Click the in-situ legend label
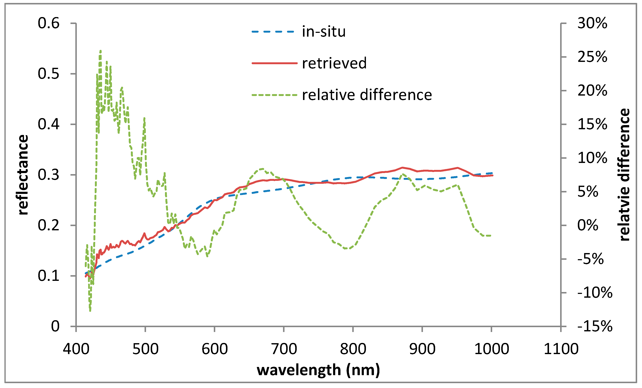pyautogui.click(x=324, y=32)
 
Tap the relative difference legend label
pyautogui.click(x=367, y=95)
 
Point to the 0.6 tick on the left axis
pyautogui.click(x=49, y=23)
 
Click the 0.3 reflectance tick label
pyautogui.click(x=49, y=175)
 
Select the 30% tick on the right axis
pyautogui.click(x=592, y=23)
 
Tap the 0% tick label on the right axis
pyautogui.click(x=588, y=225)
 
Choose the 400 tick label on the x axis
pyautogui.click(x=76, y=349)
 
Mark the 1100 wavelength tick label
pyautogui.click(x=561, y=349)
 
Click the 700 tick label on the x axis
pyautogui.click(x=284, y=349)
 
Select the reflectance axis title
pyautogui.click(x=23, y=175)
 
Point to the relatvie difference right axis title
pyautogui.click(x=624, y=175)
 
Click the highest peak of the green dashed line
pyautogui.click(x=101, y=51)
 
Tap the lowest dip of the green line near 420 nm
pyautogui.click(x=90, y=311)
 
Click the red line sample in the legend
pyautogui.click(x=274, y=63)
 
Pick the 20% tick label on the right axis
pyautogui.click(x=592, y=91)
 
